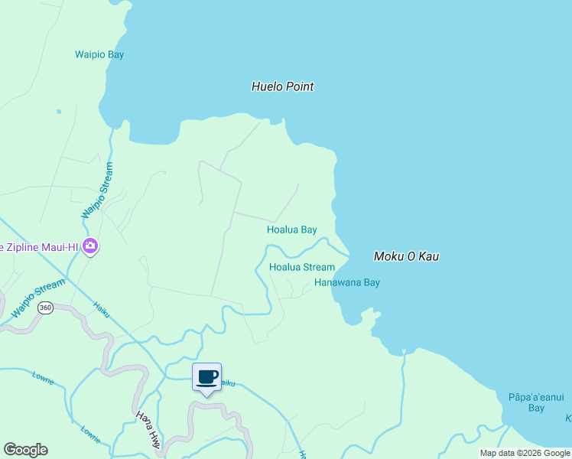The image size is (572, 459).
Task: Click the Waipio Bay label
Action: (99, 54)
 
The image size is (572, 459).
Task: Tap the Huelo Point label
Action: (282, 86)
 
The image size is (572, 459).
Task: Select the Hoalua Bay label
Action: (291, 229)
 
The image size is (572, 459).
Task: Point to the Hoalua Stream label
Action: (302, 267)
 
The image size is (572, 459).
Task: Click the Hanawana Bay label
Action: (346, 282)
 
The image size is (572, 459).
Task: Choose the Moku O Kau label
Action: (406, 256)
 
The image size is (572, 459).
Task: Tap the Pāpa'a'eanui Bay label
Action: (536, 402)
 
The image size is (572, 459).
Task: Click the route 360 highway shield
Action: (46, 308)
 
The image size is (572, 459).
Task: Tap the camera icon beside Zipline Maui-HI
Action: (90, 246)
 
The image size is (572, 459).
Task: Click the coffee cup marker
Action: (206, 377)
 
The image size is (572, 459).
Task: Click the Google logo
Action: (25, 450)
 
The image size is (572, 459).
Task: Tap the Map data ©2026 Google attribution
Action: (525, 453)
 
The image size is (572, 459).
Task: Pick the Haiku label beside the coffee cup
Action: (226, 383)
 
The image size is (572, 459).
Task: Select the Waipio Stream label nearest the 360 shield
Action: (38, 299)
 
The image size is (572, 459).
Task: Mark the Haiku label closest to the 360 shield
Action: (102, 308)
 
